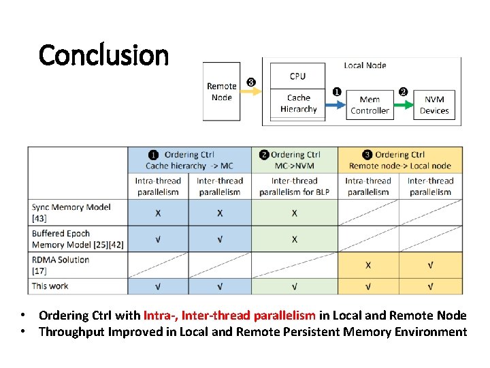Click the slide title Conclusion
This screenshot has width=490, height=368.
pos(103,55)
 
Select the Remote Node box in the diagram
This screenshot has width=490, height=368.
pos(221,91)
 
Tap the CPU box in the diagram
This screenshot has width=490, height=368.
pos(297,76)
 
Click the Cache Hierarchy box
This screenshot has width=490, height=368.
pos(297,104)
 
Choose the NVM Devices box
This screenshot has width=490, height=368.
pos(434,104)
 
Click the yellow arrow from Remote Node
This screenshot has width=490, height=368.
pos(251,92)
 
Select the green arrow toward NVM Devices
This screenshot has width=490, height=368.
pos(404,104)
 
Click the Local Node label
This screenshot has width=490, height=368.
pos(365,65)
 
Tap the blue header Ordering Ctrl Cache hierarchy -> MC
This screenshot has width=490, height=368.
pos(189,160)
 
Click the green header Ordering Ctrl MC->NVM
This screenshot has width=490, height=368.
pos(295,160)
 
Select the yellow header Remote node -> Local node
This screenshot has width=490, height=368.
pos(399,160)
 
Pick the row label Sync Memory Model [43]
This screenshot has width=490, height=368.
pos(71,212)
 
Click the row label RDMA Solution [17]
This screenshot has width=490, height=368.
pos(61,264)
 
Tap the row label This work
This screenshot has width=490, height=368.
pos(50,286)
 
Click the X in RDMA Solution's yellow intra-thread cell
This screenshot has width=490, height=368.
pos(368,264)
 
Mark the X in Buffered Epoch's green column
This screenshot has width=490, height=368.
pos(294,239)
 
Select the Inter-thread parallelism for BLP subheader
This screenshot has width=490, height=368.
pos(294,186)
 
